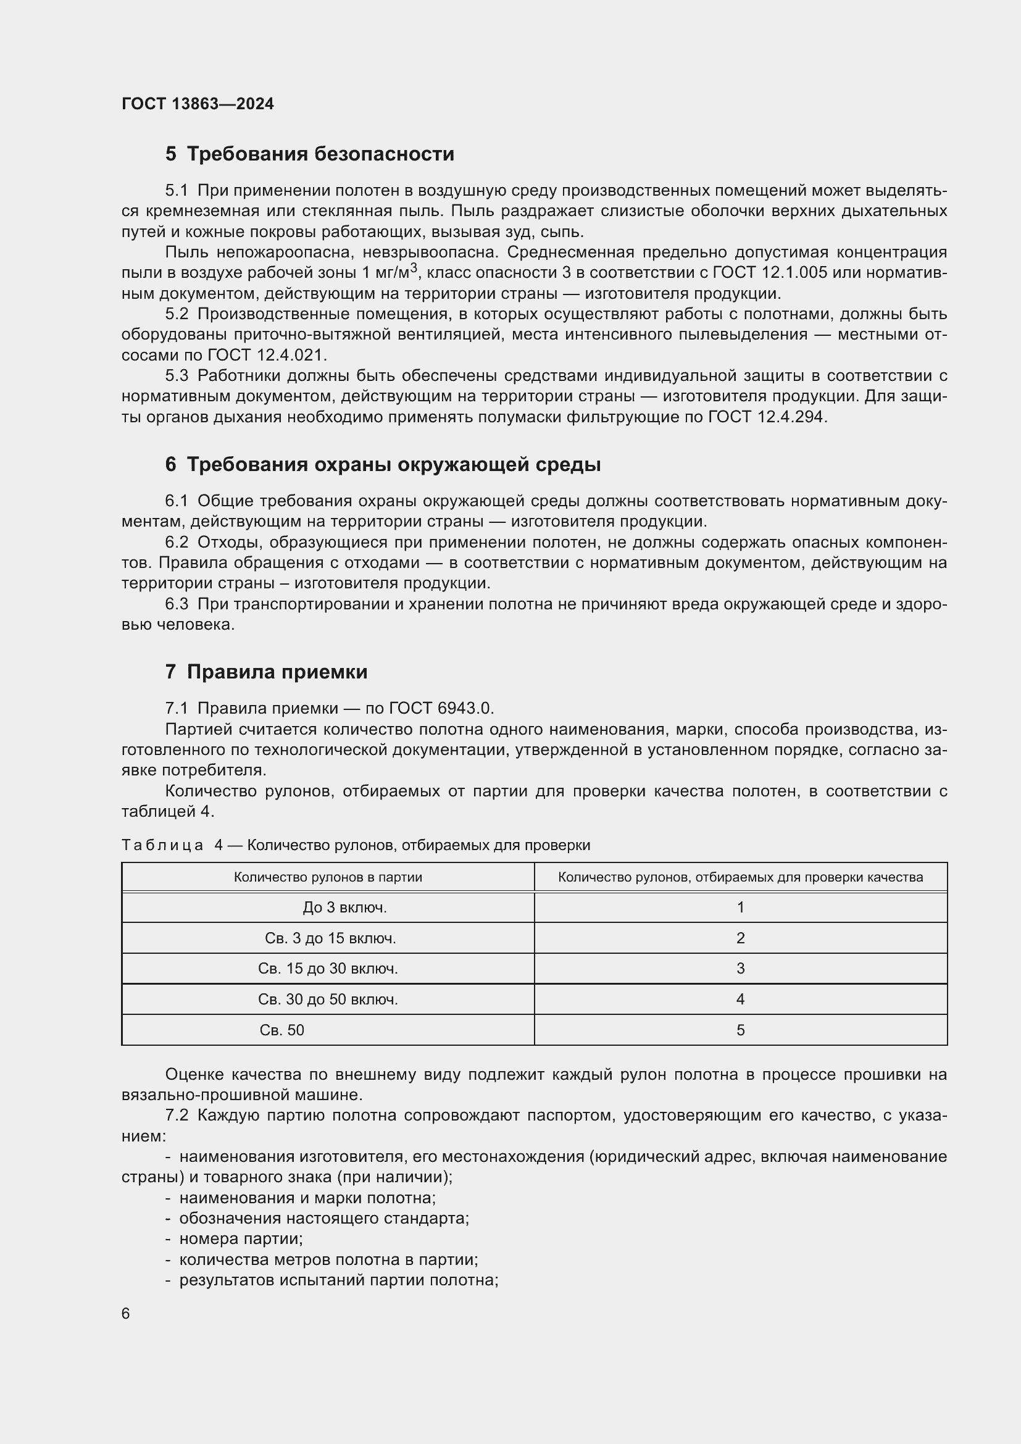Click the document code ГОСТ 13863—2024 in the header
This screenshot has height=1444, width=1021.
click(198, 104)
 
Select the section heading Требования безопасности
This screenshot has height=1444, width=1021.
click(320, 154)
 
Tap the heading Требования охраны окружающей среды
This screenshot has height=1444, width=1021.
click(394, 465)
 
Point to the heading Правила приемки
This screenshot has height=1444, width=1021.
click(277, 672)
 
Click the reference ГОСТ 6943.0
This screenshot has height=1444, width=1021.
click(440, 708)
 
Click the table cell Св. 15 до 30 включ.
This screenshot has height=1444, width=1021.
click(328, 969)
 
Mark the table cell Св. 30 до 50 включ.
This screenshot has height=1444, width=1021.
click(328, 1000)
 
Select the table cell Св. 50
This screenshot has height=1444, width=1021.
click(281, 1030)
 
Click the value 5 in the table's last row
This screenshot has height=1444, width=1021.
click(740, 1030)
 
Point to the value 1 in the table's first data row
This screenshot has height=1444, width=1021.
click(740, 908)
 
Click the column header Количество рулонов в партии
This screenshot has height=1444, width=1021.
click(328, 877)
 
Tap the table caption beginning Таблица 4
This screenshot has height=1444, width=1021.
click(355, 845)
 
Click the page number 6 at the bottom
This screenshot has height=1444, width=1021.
click(126, 1314)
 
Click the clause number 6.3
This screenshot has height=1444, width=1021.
click(177, 604)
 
